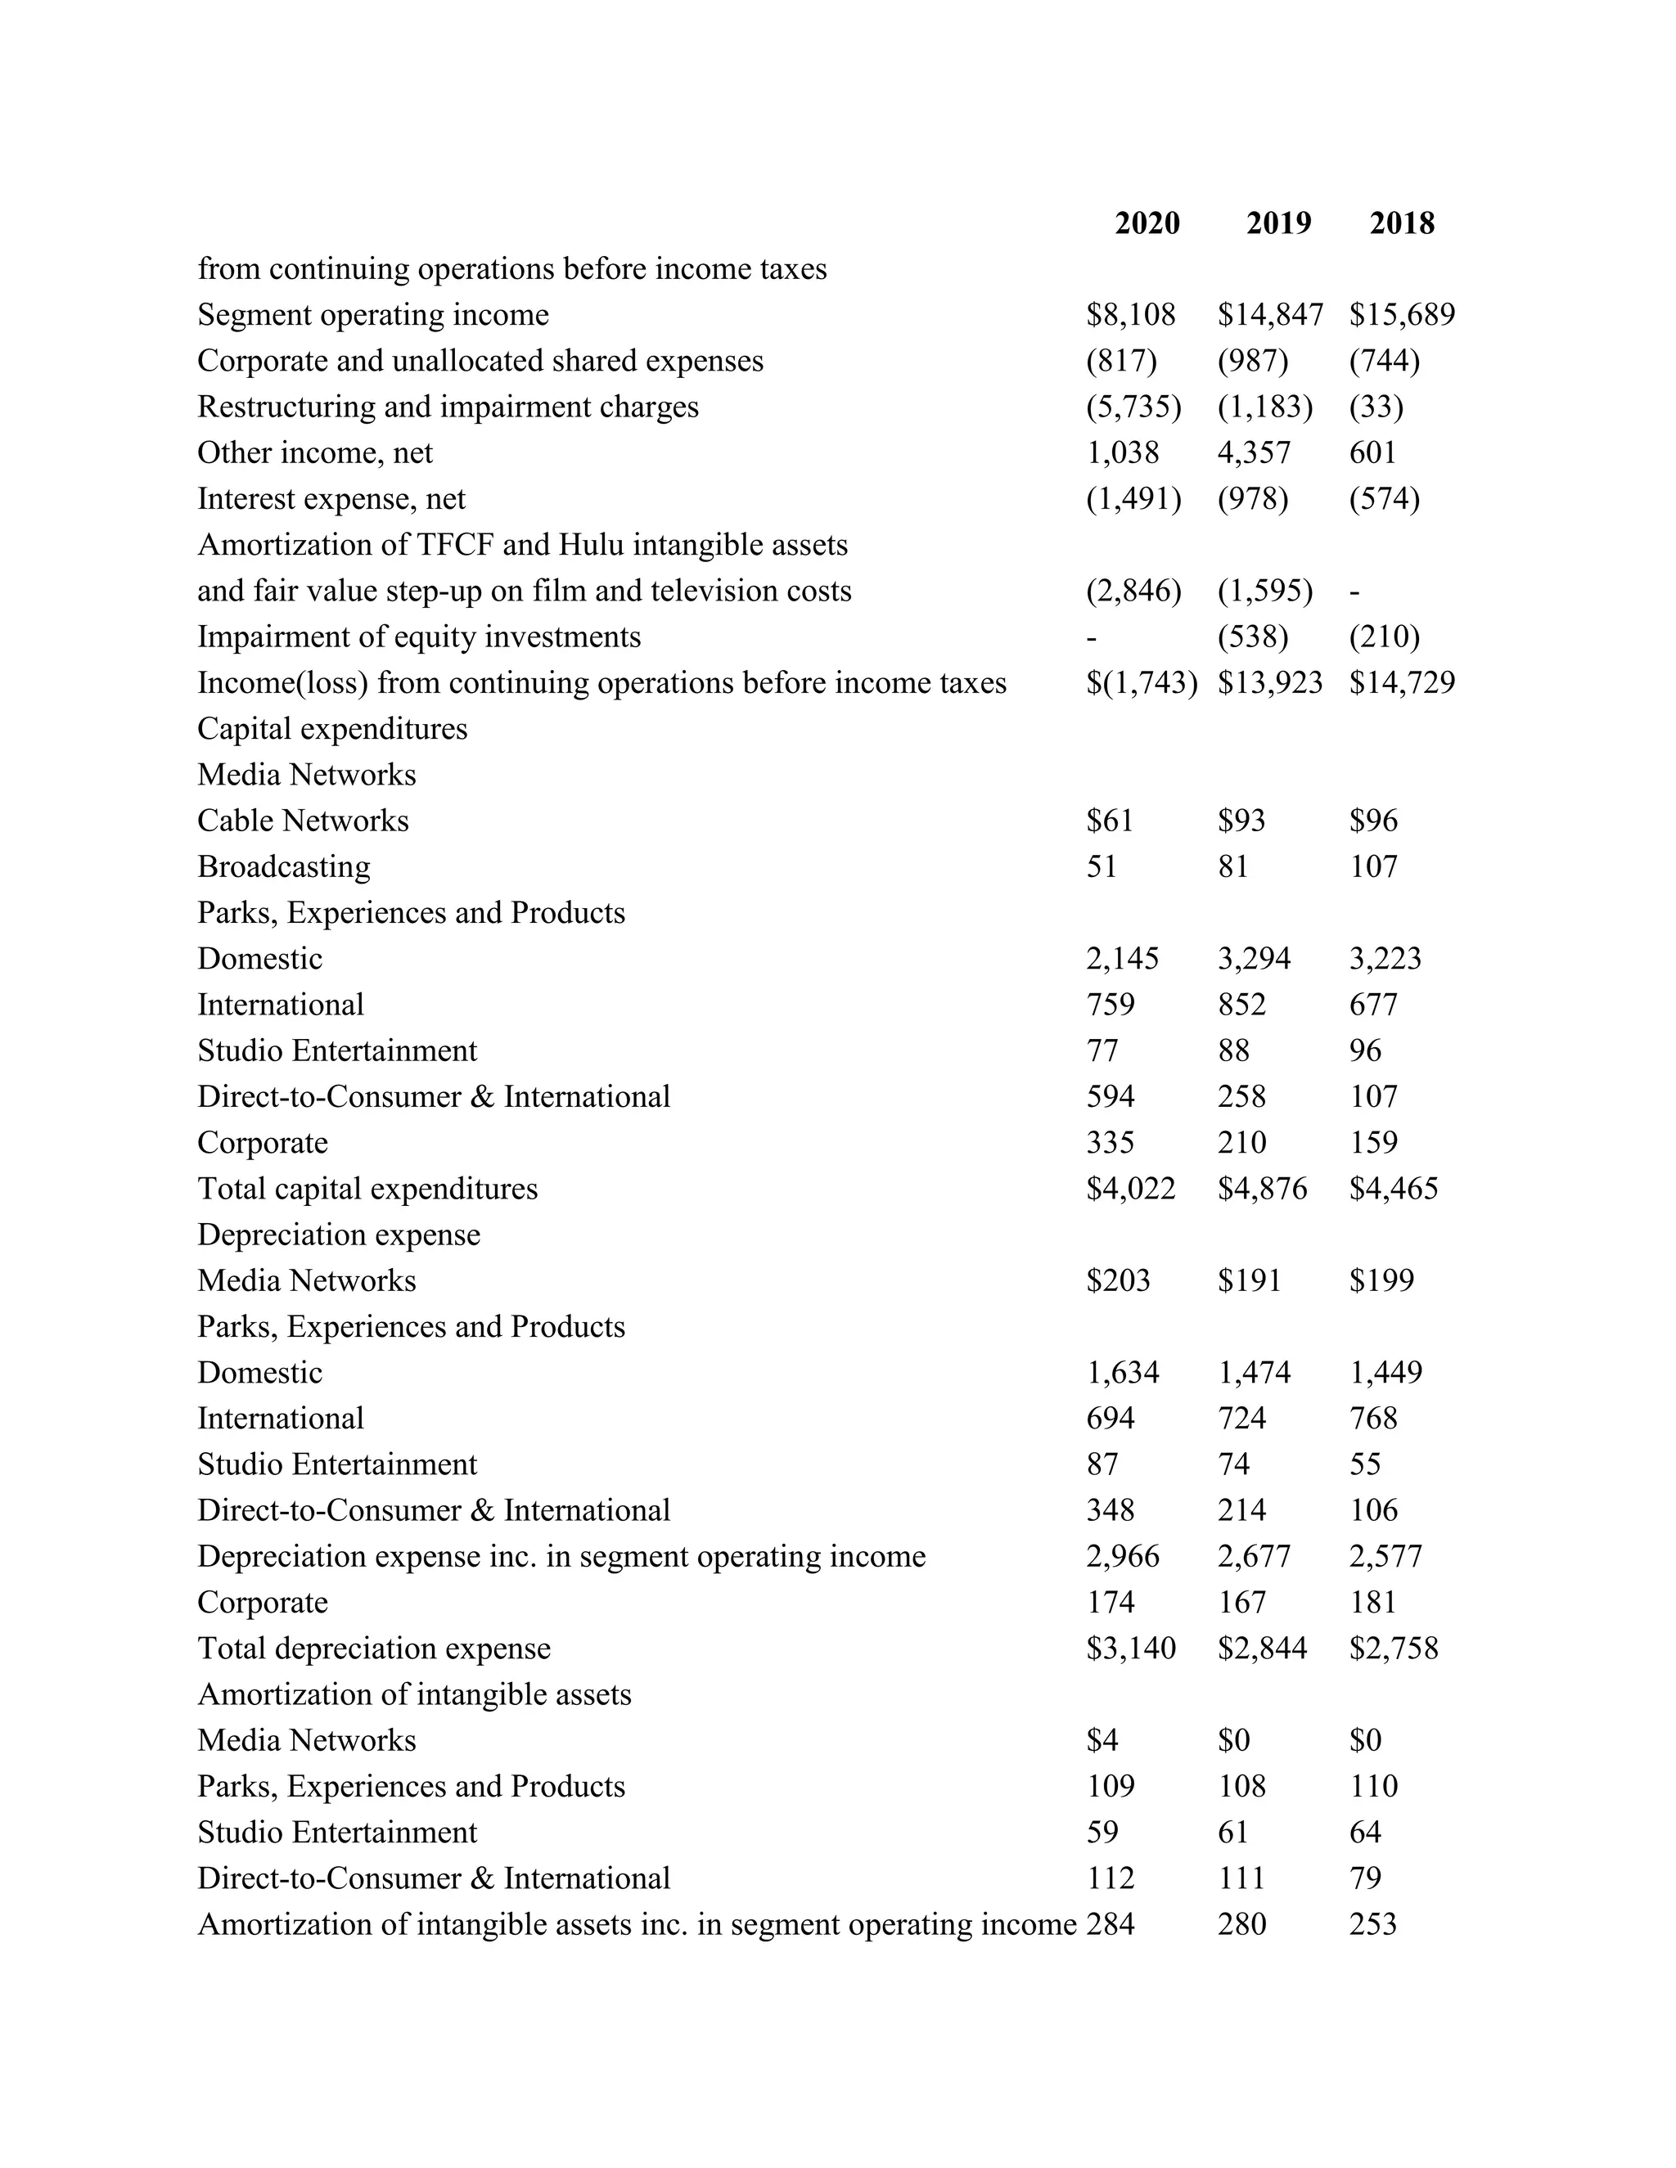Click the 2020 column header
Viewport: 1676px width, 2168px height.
click(1147, 223)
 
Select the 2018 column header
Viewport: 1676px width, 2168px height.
click(1401, 223)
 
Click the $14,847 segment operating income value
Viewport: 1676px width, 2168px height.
click(1270, 315)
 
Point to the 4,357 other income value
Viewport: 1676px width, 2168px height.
click(1254, 452)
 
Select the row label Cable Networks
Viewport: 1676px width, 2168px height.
click(303, 821)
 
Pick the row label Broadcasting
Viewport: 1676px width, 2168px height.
click(284, 866)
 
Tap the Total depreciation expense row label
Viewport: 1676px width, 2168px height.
click(373, 1648)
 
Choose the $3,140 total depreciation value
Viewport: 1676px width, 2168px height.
click(1131, 1648)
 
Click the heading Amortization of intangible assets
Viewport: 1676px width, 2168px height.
click(414, 1694)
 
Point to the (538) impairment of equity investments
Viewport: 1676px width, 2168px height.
click(1253, 636)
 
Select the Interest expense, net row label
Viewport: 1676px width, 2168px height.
click(331, 498)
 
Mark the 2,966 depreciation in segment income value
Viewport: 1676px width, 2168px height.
click(1122, 1557)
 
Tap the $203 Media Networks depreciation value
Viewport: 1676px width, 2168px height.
click(1118, 1280)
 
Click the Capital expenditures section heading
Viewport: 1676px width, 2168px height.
click(331, 729)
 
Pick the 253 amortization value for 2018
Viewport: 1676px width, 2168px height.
click(1372, 1924)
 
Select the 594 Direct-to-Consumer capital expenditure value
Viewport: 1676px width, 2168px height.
click(1110, 1097)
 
